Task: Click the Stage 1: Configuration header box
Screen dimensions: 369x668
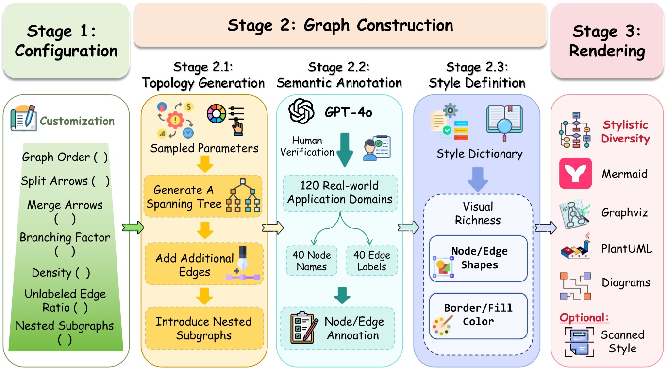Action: [x=66, y=41]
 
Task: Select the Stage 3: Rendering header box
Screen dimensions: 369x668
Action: [x=607, y=41]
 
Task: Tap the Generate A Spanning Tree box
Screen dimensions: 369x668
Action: [x=203, y=196]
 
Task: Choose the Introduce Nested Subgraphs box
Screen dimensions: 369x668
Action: [x=203, y=328]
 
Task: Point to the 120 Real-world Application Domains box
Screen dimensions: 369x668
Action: [x=340, y=193]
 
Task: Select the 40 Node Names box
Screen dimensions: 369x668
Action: [x=312, y=261]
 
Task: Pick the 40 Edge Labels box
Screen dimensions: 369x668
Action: [x=371, y=261]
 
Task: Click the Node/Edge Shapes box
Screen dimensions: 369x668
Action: [x=478, y=259]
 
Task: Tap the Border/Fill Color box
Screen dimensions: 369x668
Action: [x=478, y=315]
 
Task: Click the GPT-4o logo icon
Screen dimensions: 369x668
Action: [x=302, y=111]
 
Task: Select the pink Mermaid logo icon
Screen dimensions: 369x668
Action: [x=575, y=174]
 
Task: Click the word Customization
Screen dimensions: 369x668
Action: [x=77, y=121]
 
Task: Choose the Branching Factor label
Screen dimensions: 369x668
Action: [x=65, y=238]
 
